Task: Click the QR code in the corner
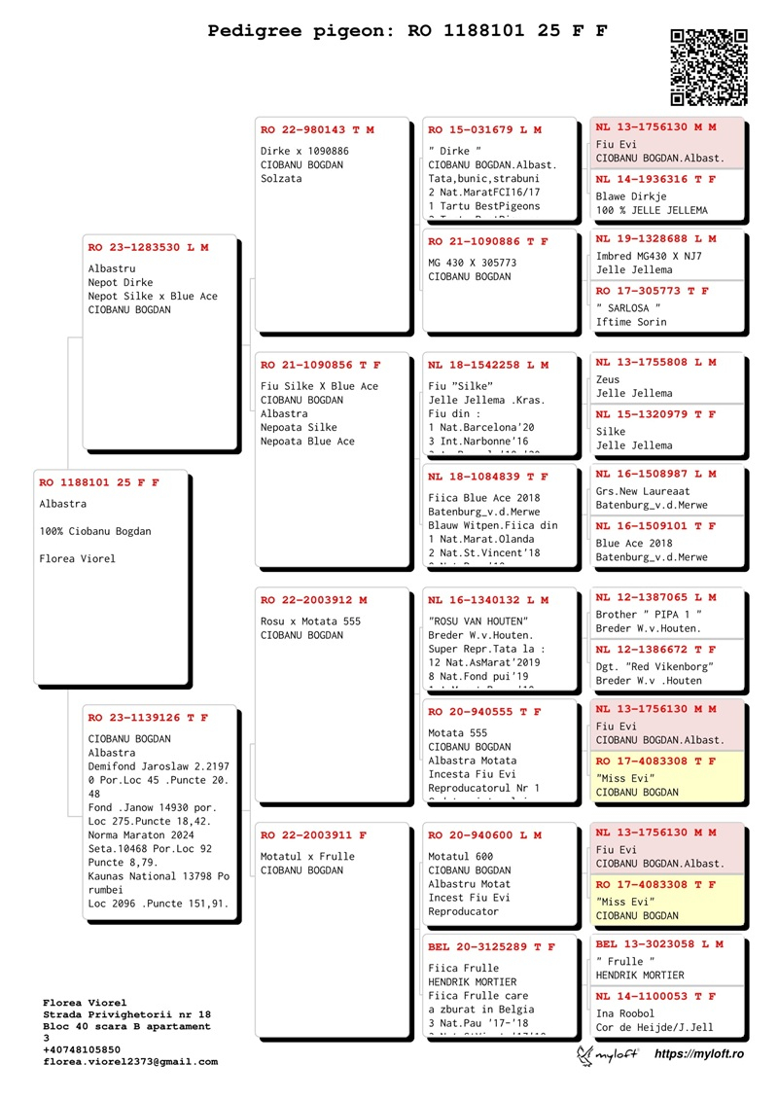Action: click(709, 67)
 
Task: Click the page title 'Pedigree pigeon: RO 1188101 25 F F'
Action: click(407, 31)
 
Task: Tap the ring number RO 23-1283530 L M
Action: click(148, 248)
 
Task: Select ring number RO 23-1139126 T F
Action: click(148, 718)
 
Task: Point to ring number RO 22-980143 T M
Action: click(317, 129)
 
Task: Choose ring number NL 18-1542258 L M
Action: click(488, 366)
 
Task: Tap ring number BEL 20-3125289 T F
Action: click(492, 946)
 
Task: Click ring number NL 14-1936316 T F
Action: click(655, 179)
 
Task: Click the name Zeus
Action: click(608, 379)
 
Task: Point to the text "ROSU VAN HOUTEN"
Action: click(477, 621)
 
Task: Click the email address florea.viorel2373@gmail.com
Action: click(130, 1062)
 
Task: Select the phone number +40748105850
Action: click(82, 1050)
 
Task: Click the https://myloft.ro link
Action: click(698, 1054)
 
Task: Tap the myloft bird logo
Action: click(586, 1055)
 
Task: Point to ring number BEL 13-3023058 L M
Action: click(659, 943)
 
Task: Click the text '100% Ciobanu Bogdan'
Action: click(95, 531)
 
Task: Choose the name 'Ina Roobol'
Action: click(624, 1013)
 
